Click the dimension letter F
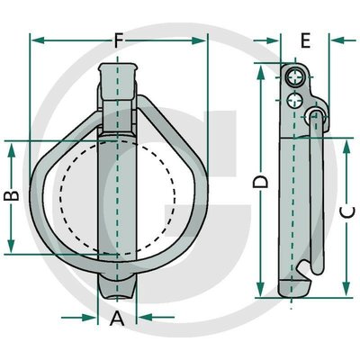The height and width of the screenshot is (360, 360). [119, 41]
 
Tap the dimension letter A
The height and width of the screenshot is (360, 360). [117, 319]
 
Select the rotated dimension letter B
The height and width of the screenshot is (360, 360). [12, 196]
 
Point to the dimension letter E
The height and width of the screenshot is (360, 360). [305, 40]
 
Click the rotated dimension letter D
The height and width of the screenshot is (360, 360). [260, 182]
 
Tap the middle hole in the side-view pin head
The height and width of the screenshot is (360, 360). [293, 100]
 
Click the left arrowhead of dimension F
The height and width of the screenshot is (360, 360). [38, 40]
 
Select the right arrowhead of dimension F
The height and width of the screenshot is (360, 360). [199, 40]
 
